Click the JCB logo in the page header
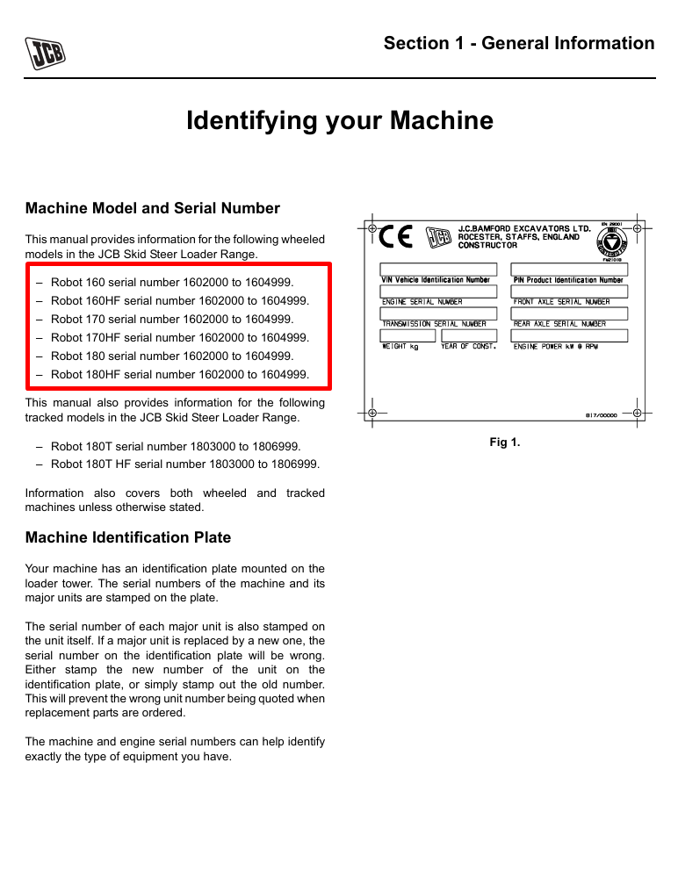pos(46,54)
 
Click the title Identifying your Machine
pos(340,120)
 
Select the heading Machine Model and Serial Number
pos(153,208)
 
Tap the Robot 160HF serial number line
pos(179,300)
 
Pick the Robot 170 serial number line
pos(172,319)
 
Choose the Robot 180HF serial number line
pos(179,374)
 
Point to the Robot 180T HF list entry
pos(184,464)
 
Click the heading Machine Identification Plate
pos(128,536)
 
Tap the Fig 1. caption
pos(505,443)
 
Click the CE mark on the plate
pos(395,237)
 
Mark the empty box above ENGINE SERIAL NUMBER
pos(438,291)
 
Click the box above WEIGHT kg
pos(408,335)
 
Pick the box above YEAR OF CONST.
pos(469,335)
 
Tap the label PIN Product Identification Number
pos(568,280)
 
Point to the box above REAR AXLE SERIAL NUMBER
pos(569,313)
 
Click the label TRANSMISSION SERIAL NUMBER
pos(434,324)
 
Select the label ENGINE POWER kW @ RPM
pos(556,347)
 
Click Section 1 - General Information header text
pos(519,43)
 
